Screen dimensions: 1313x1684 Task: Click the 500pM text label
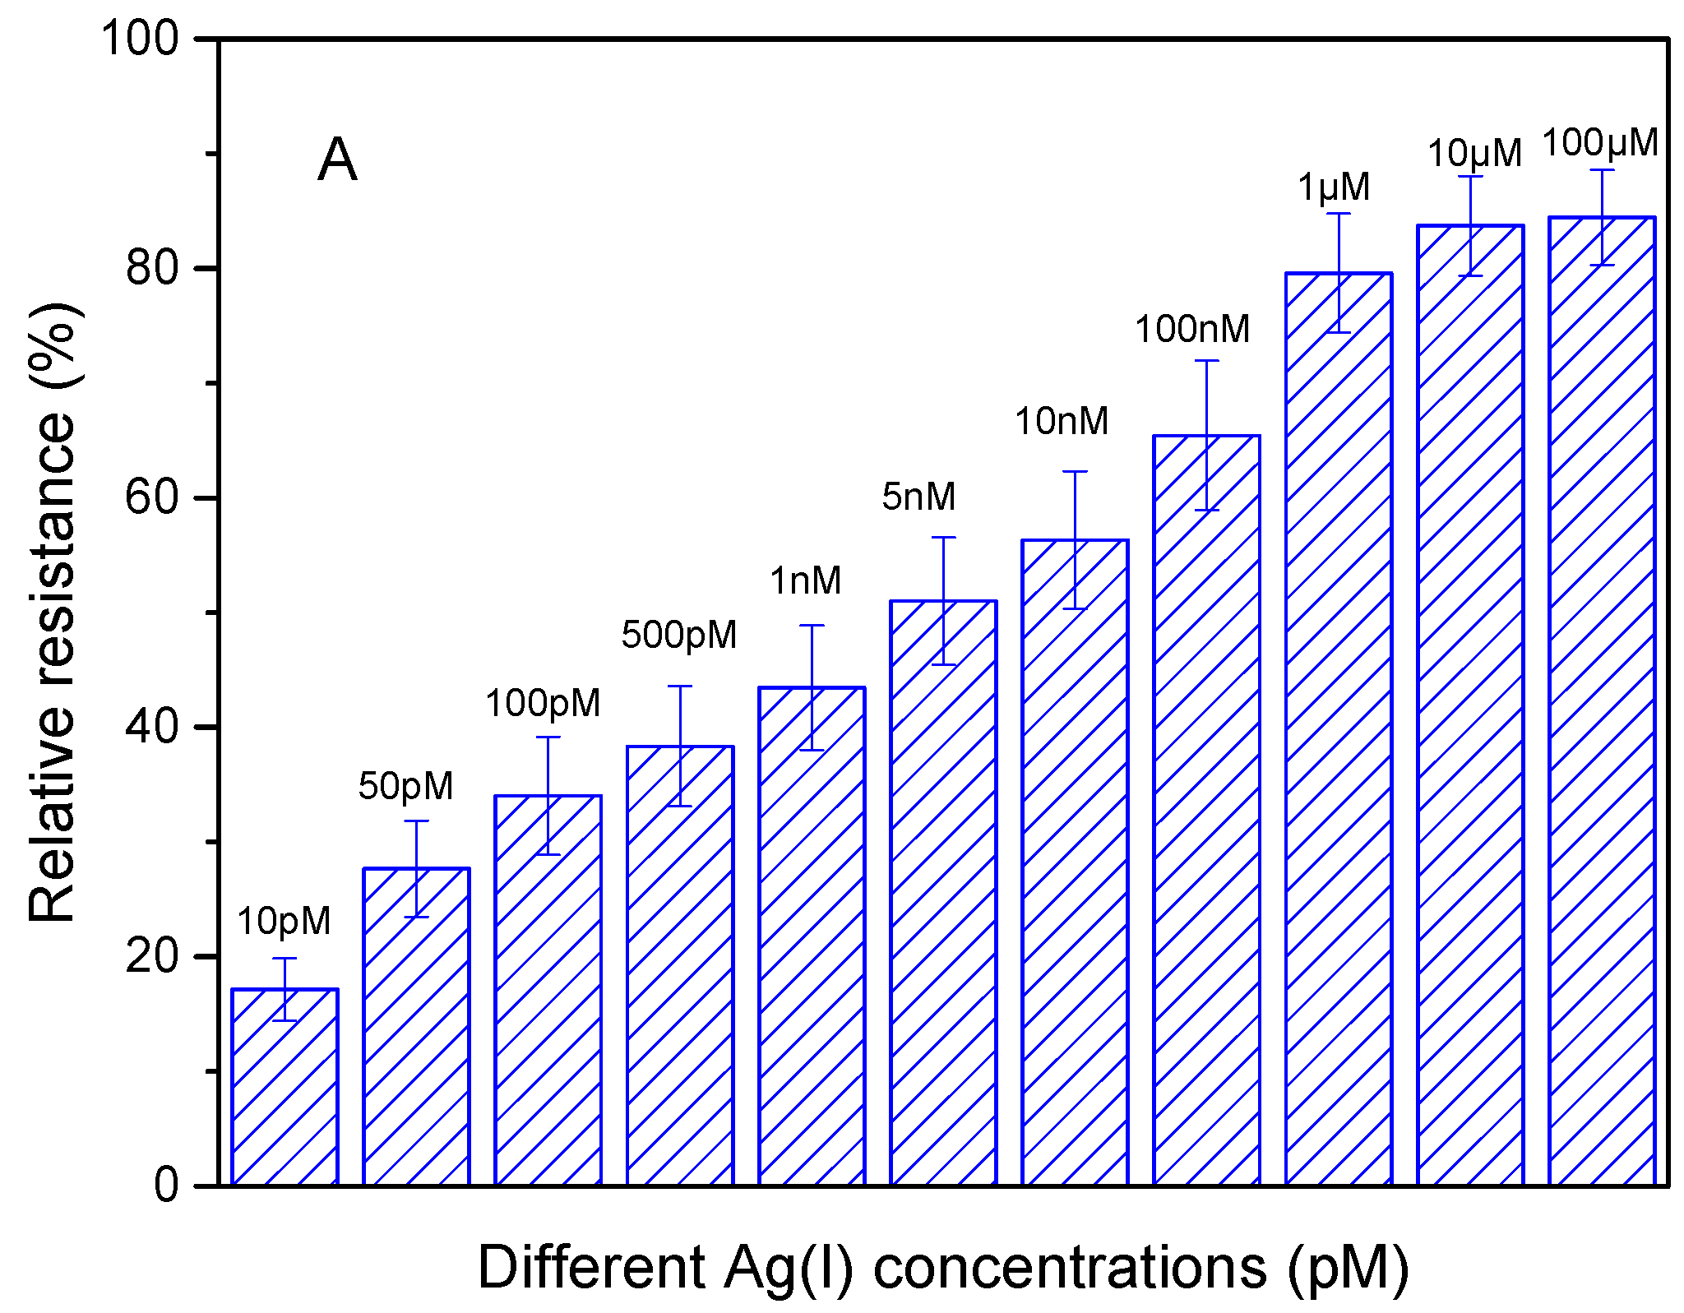point(679,635)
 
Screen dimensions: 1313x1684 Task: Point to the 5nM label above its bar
point(918,497)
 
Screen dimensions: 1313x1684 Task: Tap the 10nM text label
point(1062,421)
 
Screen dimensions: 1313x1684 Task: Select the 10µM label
point(1474,154)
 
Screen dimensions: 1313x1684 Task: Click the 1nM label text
point(806,581)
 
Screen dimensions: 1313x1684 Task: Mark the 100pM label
point(543,703)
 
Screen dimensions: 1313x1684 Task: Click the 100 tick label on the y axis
point(140,39)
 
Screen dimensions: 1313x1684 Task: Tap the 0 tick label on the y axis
point(166,1186)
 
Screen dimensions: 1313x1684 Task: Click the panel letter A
point(337,160)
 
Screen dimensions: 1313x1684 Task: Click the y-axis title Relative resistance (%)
point(53,613)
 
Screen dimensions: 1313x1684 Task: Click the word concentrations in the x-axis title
point(1070,1267)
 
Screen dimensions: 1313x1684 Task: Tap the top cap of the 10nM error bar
point(1075,472)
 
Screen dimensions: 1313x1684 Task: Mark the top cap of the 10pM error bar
point(285,959)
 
